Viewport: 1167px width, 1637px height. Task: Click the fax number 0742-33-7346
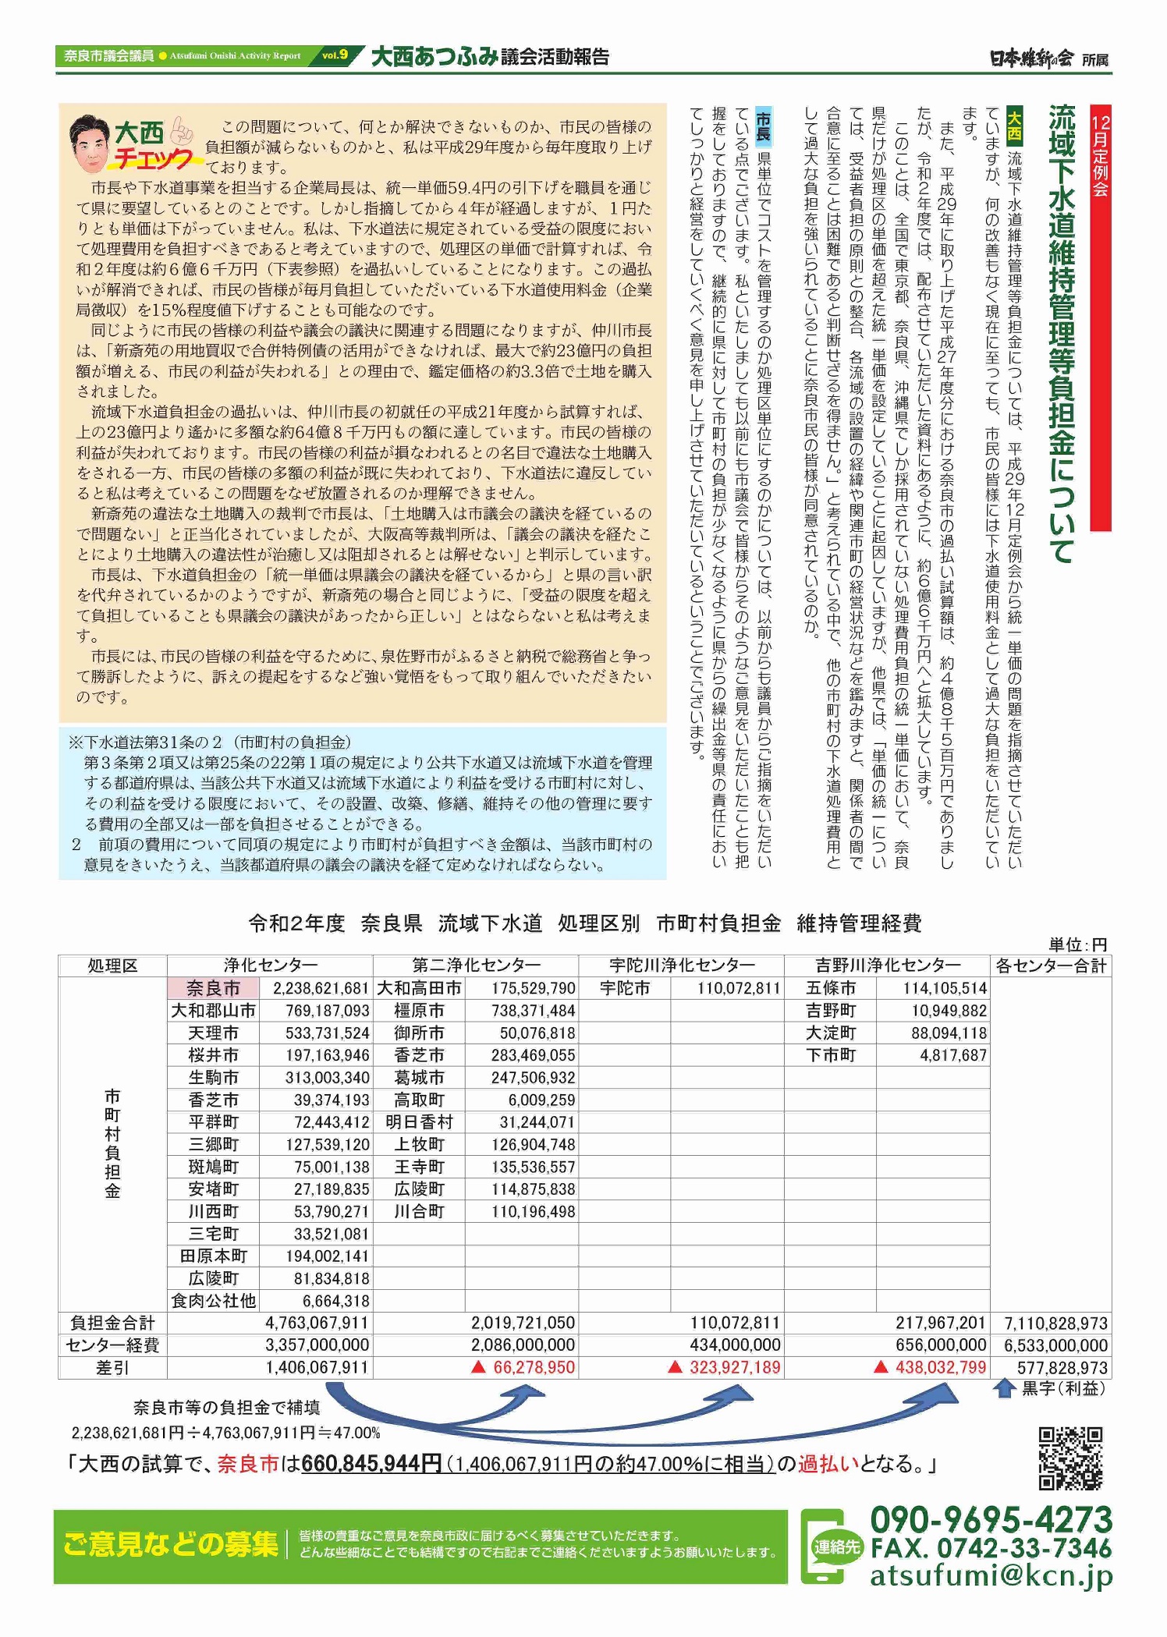pos(991,1548)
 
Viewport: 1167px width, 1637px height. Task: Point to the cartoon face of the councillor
pos(90,144)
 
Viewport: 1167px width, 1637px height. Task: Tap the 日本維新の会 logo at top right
pos(1031,58)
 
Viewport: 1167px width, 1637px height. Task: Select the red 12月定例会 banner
pos(1100,156)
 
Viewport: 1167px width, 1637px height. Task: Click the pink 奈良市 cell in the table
pos(213,988)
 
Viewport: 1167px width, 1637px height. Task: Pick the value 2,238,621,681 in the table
pos(321,988)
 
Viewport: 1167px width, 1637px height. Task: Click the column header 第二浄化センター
pos(476,966)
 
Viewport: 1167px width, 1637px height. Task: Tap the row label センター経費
pos(112,1345)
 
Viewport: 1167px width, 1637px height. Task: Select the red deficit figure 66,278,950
pos(534,1367)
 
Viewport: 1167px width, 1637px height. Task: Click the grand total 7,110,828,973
pos(1055,1323)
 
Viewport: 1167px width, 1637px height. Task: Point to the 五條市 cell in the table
pos(830,988)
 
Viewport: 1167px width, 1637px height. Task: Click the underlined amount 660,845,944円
pos(371,1464)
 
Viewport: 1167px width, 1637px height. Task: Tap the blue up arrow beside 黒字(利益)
pos(1004,1388)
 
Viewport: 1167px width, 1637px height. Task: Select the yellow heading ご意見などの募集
pos(171,1543)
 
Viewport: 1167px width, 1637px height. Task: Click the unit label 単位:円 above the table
pos(1077,945)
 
